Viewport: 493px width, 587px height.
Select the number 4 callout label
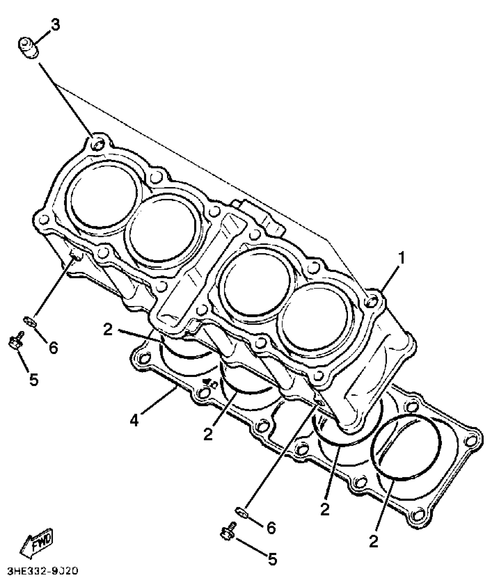point(134,420)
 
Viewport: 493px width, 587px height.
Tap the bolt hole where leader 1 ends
point(372,302)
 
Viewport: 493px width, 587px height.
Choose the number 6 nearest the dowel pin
point(53,347)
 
